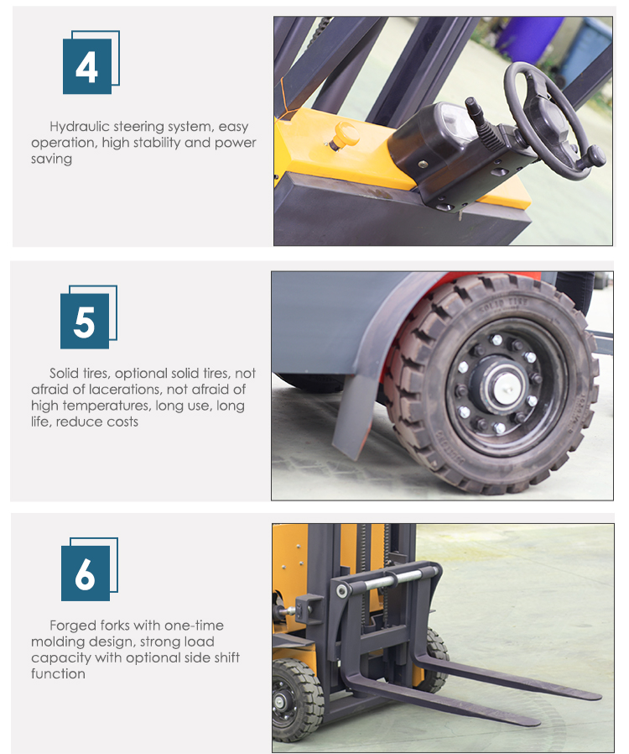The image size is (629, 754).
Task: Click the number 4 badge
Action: click(91, 62)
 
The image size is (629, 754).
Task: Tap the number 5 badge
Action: click(88, 317)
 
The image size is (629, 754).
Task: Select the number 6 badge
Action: click(89, 569)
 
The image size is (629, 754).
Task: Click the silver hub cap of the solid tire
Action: click(504, 385)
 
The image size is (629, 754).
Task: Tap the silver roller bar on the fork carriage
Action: click(388, 580)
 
